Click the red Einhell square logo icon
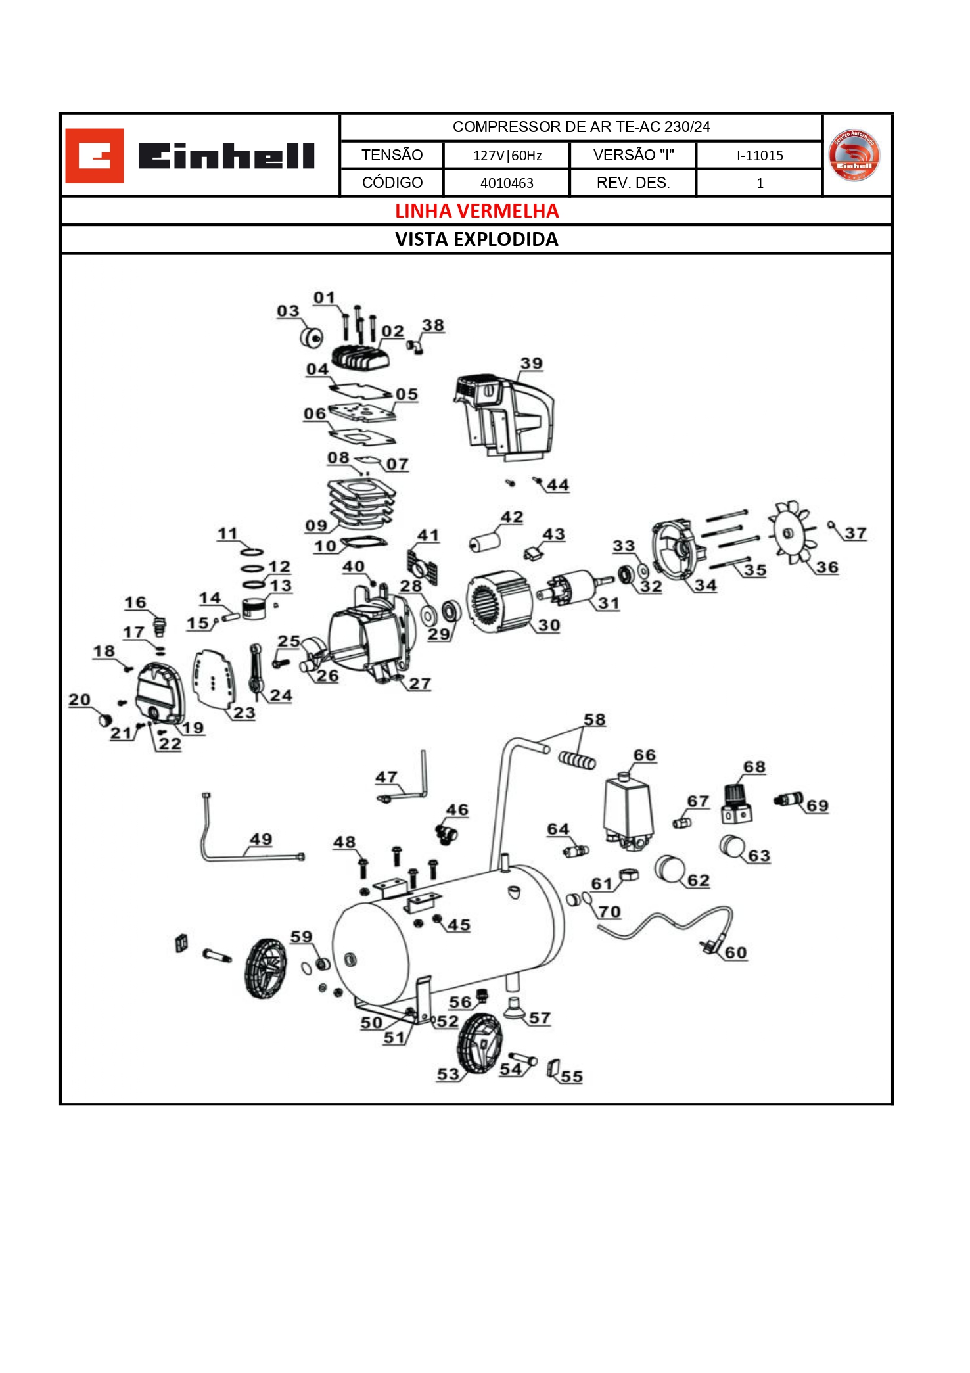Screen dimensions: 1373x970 click(94, 156)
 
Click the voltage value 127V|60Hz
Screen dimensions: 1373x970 click(507, 156)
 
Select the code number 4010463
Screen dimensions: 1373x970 click(507, 183)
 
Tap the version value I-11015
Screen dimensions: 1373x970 click(759, 156)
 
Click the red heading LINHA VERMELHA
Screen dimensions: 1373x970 click(476, 211)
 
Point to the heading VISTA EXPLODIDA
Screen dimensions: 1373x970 click(476, 239)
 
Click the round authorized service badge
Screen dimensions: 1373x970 click(854, 156)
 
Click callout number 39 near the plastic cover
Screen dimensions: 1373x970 click(531, 363)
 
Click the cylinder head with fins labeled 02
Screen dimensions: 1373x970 click(360, 356)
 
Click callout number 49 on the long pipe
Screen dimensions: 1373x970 click(260, 839)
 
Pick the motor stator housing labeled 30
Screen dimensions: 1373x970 click(497, 601)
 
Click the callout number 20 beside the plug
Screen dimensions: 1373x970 click(80, 700)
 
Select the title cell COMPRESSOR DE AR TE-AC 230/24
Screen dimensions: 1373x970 click(581, 127)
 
